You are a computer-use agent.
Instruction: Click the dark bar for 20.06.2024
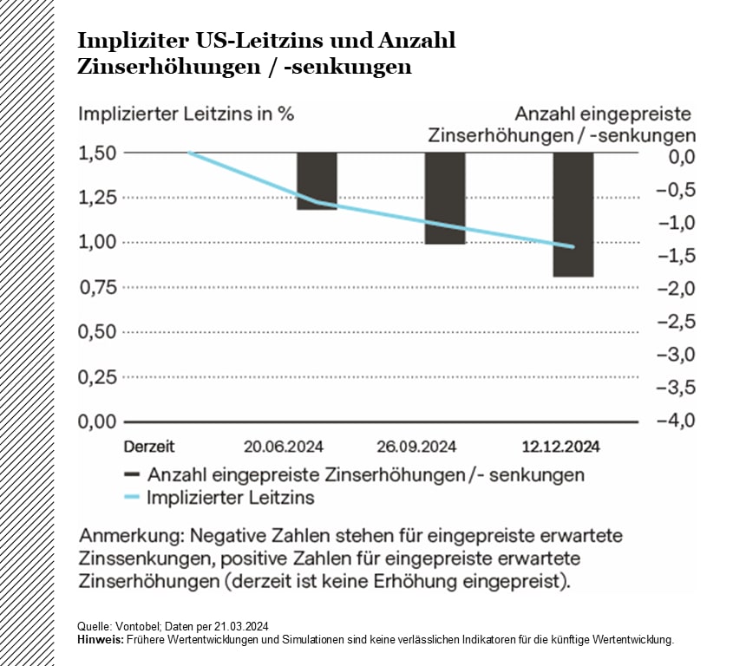317,181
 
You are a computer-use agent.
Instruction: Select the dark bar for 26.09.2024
445,199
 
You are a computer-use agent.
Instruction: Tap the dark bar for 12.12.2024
573,214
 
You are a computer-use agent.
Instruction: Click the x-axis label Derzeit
148,447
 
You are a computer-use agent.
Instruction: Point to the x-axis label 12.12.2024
560,447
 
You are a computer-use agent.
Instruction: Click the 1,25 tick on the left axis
96,198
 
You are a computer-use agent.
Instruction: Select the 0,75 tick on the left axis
96,288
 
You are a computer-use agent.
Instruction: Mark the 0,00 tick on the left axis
96,422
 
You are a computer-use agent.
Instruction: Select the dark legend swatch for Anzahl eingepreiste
132,474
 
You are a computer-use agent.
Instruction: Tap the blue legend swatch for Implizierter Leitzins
132,498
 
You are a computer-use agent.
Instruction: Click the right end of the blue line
573,246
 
